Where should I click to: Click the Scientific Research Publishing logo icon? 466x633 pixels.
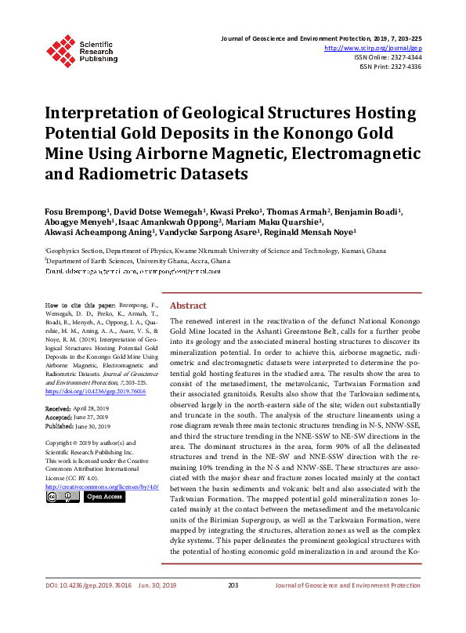click(61, 49)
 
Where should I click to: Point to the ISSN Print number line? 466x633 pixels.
click(390, 67)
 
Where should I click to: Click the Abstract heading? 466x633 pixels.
click(188, 306)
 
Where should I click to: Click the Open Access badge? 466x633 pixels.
click(104, 496)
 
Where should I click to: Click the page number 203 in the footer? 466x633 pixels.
click(233, 607)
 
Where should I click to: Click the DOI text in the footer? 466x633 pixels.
click(78, 607)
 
